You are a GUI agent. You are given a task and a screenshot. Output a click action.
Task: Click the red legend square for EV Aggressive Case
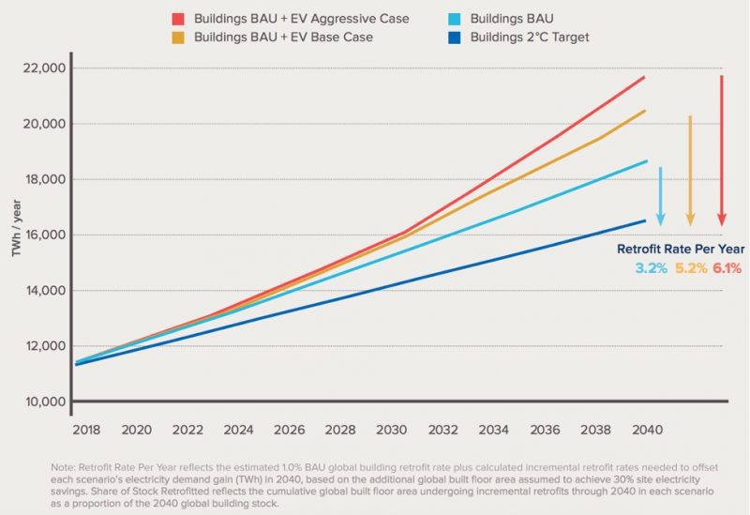point(179,19)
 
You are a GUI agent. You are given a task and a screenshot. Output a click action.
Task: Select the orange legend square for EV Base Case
point(179,38)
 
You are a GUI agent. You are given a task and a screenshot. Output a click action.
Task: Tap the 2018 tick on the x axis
point(86,431)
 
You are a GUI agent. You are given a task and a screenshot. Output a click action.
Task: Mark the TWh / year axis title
point(16,235)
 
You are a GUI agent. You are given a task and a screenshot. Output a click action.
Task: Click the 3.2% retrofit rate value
point(651,268)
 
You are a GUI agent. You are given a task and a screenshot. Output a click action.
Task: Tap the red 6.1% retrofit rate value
point(727,268)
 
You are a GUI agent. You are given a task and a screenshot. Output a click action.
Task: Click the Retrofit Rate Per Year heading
point(680,250)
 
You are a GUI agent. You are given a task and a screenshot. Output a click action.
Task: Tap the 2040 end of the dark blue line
point(645,220)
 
